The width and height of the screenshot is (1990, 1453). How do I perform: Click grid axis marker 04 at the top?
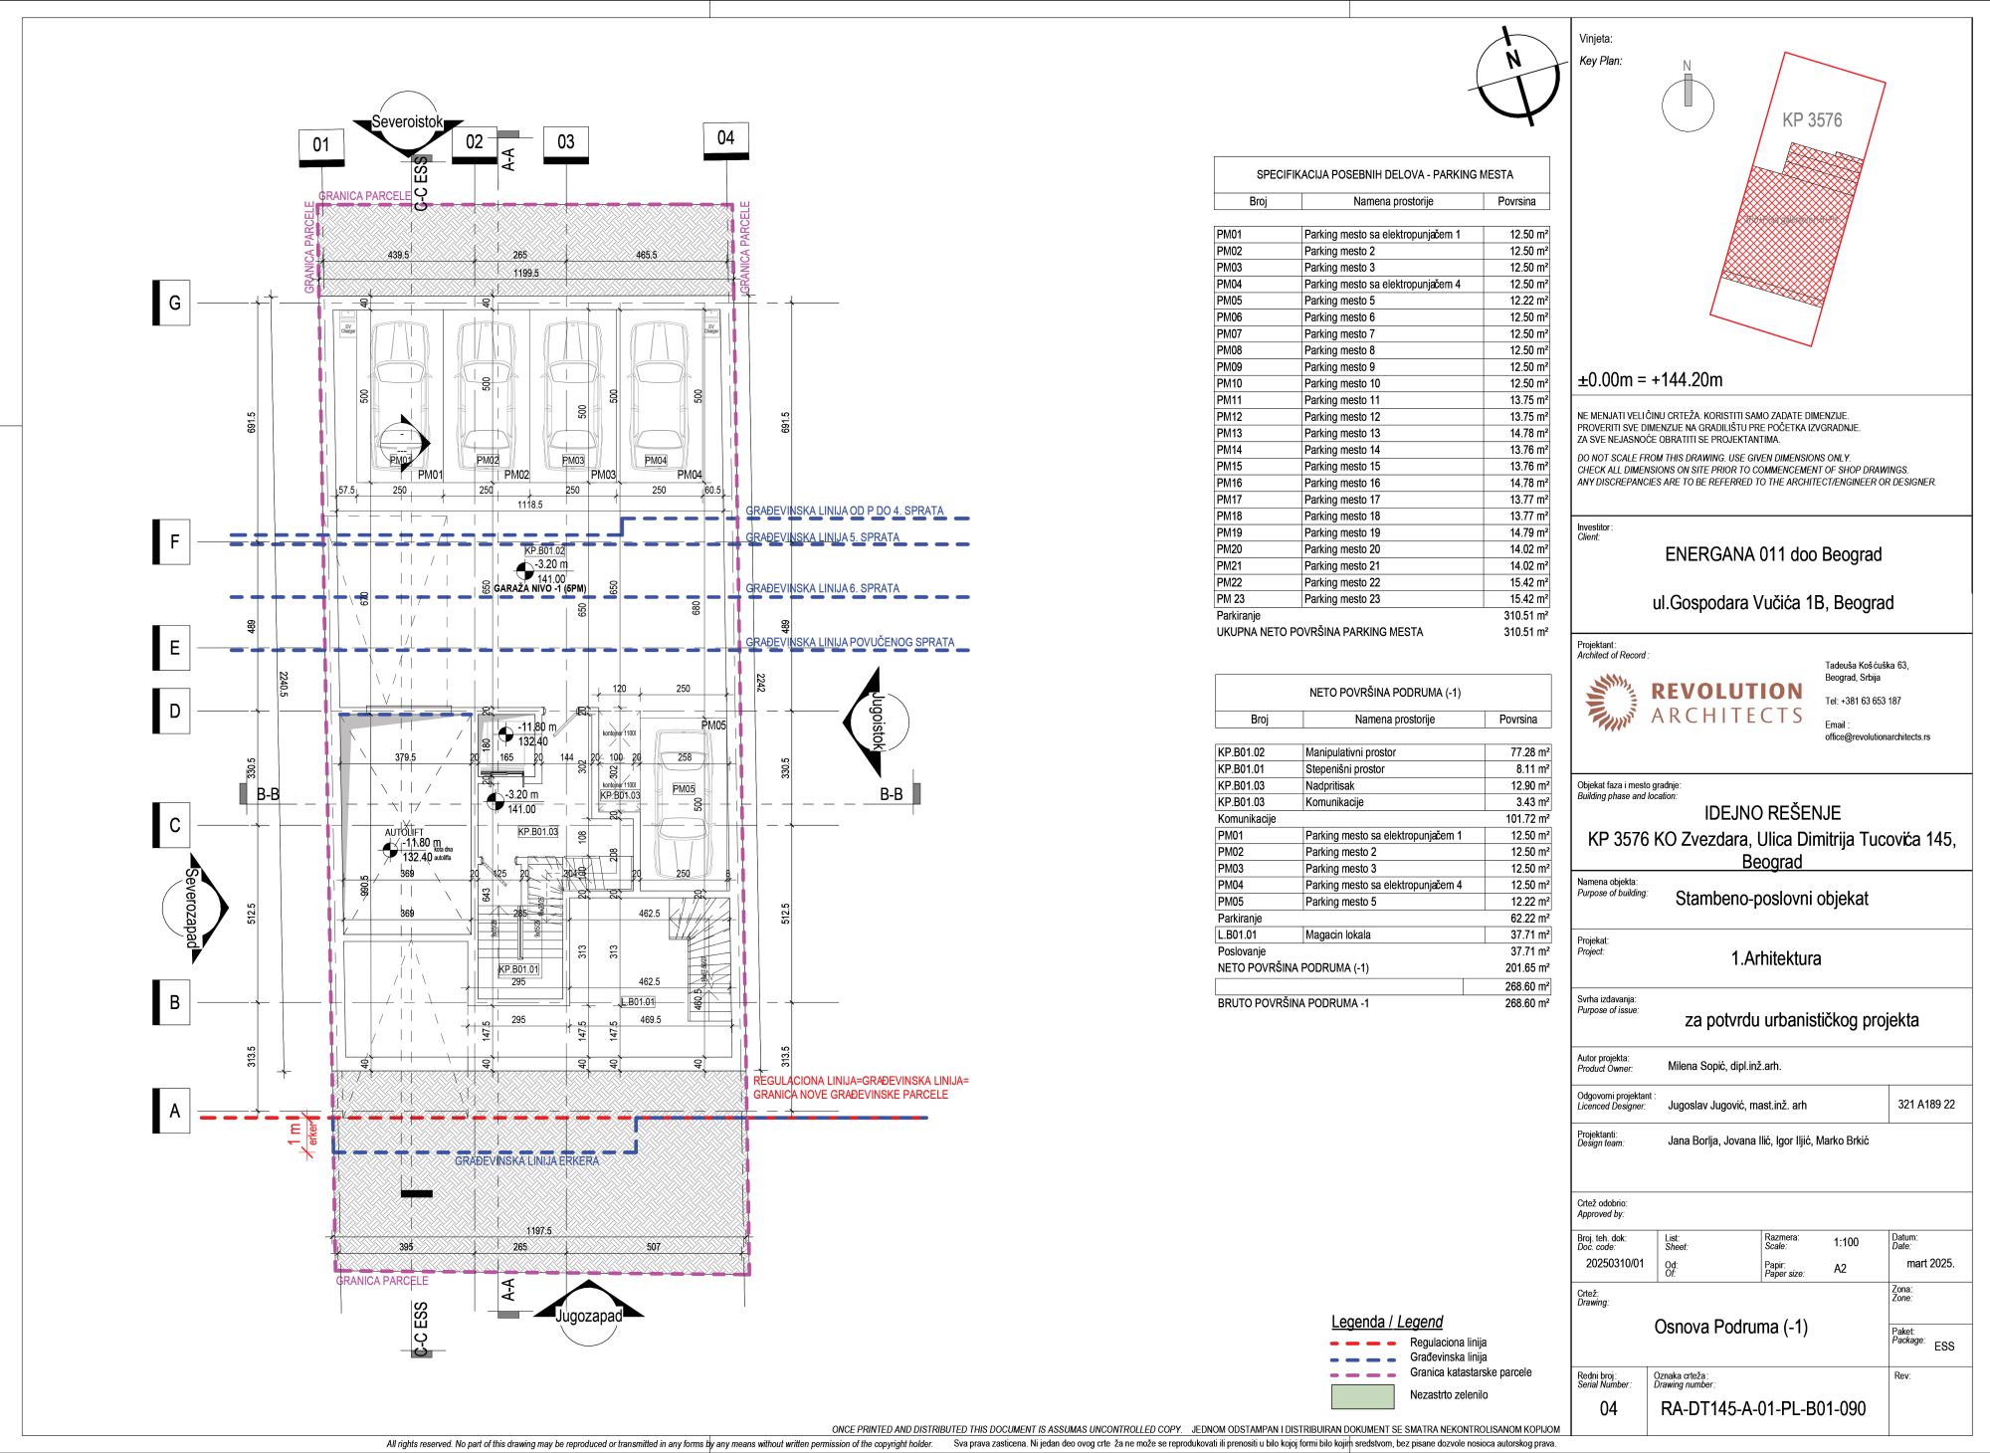[725, 138]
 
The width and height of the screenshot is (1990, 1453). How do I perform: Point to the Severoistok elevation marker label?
[407, 122]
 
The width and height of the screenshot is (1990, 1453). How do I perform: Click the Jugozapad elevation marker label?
[588, 1316]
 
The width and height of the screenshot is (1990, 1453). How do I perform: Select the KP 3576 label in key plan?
[1812, 120]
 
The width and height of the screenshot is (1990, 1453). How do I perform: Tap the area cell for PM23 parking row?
[1517, 599]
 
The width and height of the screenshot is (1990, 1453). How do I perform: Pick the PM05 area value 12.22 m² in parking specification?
[1517, 301]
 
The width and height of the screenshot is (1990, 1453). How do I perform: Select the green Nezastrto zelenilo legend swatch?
[1362, 1396]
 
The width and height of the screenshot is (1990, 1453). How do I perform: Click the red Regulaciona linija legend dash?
[1361, 1344]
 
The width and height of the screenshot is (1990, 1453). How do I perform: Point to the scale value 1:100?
[1846, 1242]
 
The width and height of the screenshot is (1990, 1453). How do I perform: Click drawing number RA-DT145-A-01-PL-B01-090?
[1763, 1408]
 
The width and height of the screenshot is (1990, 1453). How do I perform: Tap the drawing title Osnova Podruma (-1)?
[1730, 1327]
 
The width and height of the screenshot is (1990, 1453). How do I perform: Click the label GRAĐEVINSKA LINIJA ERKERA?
[527, 1160]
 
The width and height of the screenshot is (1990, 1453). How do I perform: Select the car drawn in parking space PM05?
[684, 811]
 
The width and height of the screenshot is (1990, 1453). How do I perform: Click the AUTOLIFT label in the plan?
[404, 832]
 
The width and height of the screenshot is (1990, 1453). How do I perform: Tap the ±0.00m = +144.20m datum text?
[1650, 380]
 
